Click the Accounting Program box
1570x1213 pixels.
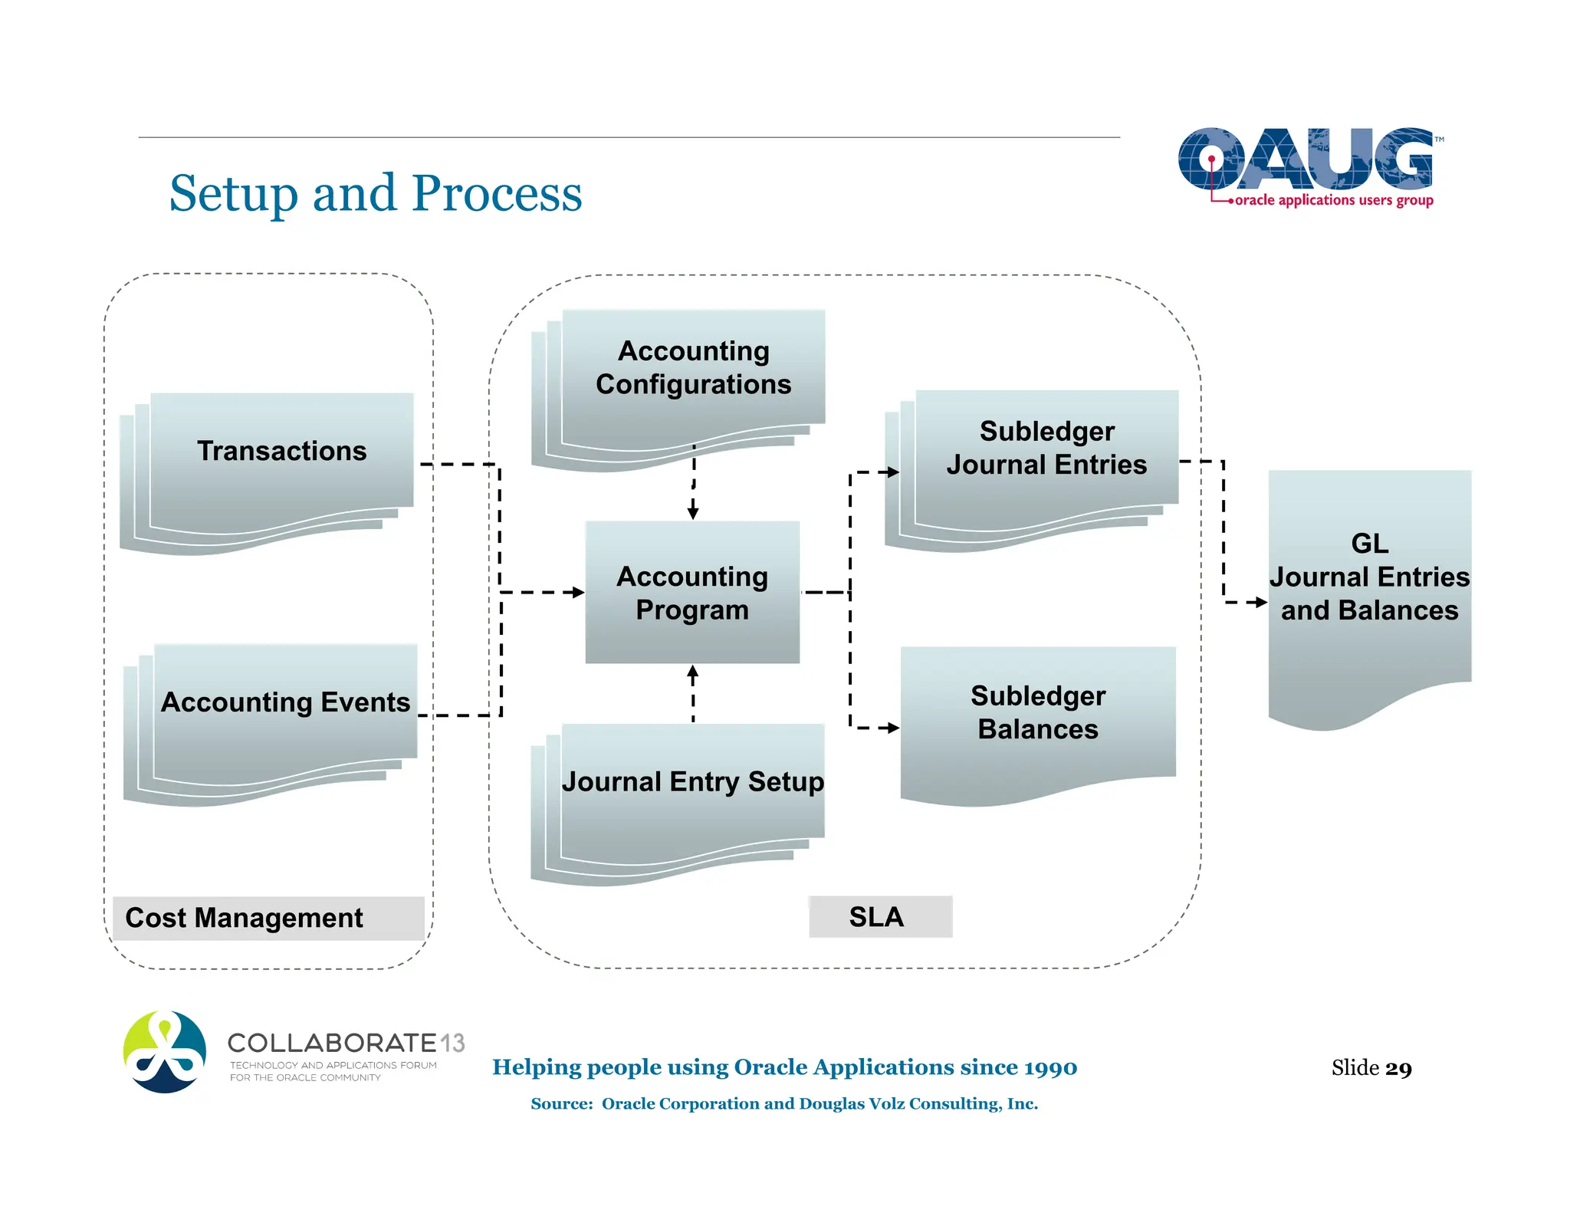coord(692,593)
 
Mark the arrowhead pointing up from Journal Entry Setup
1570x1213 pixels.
coord(693,672)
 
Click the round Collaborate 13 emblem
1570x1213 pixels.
coord(165,1051)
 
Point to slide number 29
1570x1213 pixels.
coord(1398,1068)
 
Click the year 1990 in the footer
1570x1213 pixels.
coord(1050,1067)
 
